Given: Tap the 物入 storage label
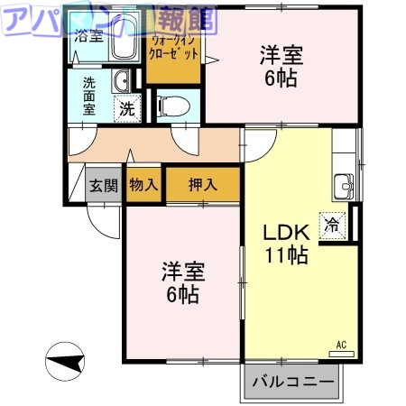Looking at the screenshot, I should (x=143, y=186).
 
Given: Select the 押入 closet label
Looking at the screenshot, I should (x=203, y=186).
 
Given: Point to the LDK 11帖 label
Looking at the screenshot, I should (x=285, y=244).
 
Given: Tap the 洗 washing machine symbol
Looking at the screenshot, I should (x=129, y=110).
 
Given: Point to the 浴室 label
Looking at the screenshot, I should (x=88, y=37).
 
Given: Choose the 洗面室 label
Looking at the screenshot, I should (x=89, y=97).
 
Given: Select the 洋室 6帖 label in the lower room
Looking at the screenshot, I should (x=181, y=281).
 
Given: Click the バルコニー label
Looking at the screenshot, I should (x=291, y=382).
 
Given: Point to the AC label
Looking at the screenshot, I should (x=341, y=345).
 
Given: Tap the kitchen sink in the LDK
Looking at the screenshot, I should (x=343, y=186).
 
